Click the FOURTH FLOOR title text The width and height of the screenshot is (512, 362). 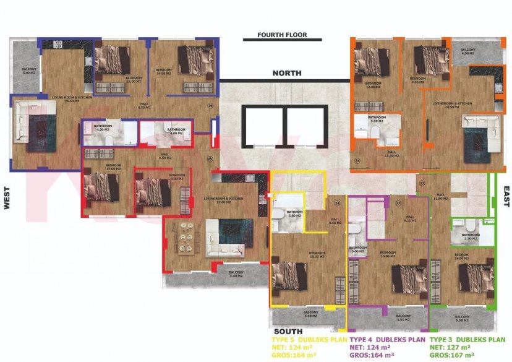(x=282, y=35)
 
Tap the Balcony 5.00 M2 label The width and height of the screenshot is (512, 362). (x=29, y=70)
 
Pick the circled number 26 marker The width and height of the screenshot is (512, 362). (x=210, y=106)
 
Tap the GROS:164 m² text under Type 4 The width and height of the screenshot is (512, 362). (x=372, y=355)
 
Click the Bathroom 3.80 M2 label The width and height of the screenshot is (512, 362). (x=294, y=214)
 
